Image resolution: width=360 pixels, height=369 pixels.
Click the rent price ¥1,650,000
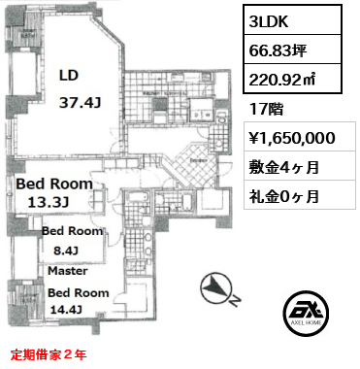[x=293, y=138]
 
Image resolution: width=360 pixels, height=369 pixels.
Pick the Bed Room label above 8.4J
[x=72, y=232]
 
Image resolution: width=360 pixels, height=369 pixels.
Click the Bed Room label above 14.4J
[x=78, y=292]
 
